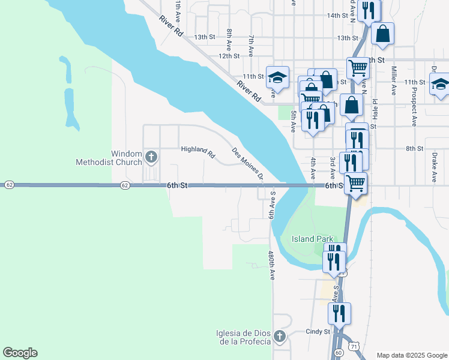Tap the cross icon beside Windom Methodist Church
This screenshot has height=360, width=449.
click(151, 158)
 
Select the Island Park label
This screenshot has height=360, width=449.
click(312, 239)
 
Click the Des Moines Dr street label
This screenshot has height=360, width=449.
click(248, 163)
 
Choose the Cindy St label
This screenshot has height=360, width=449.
click(318, 331)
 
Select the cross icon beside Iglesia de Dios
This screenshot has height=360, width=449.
click(280, 336)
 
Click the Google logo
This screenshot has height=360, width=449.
click(20, 353)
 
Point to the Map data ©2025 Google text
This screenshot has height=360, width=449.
click(412, 355)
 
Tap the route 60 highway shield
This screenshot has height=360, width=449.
click(339, 353)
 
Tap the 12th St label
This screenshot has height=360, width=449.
click(229, 56)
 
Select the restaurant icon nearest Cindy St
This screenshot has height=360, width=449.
click(339, 314)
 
